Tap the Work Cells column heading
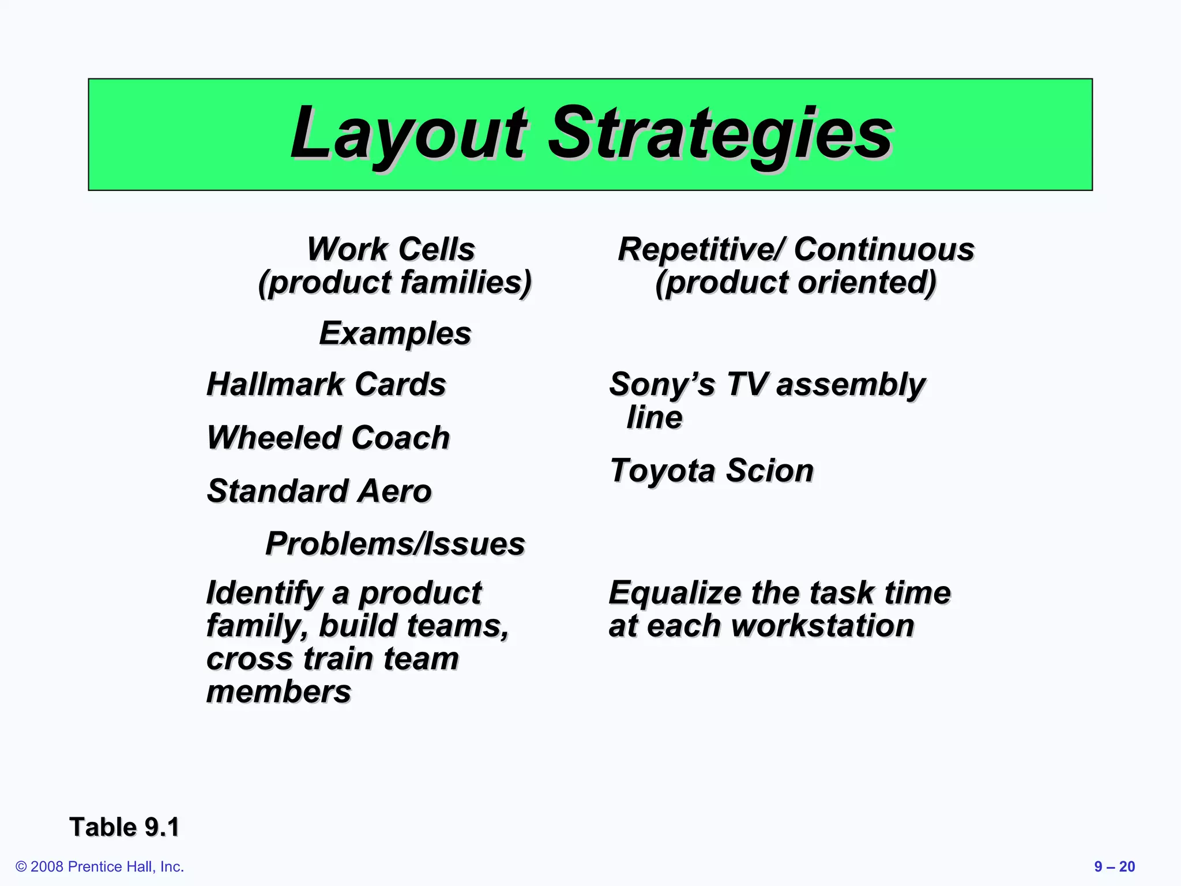pyautogui.click(x=390, y=249)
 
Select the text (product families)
pyautogui.click(x=394, y=283)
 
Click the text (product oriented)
pyautogui.click(x=796, y=283)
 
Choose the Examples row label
pyautogui.click(x=395, y=333)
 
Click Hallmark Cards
pyautogui.click(x=326, y=384)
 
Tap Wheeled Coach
pyautogui.click(x=328, y=437)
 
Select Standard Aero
pyautogui.click(x=319, y=491)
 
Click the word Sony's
pyautogui.click(x=661, y=384)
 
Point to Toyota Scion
pyautogui.click(x=711, y=470)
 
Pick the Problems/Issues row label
pyautogui.click(x=395, y=544)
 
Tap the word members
pyautogui.click(x=279, y=692)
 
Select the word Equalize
pyautogui.click(x=675, y=593)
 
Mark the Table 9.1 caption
pyautogui.click(x=124, y=827)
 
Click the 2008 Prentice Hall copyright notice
pyautogui.click(x=100, y=866)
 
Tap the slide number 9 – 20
pyautogui.click(x=1114, y=866)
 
